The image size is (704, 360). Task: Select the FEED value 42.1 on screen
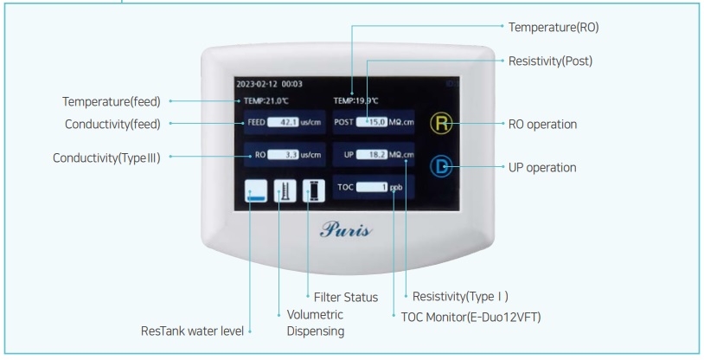[x=282, y=123]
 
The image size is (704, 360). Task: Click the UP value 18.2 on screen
[x=372, y=155]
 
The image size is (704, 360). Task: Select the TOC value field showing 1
[x=372, y=187]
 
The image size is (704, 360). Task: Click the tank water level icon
[x=256, y=190]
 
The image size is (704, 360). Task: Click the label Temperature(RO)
[x=553, y=28]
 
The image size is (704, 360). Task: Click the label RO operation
[x=541, y=124]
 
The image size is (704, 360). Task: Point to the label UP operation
[x=541, y=166]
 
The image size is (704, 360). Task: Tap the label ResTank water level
[x=191, y=331]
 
